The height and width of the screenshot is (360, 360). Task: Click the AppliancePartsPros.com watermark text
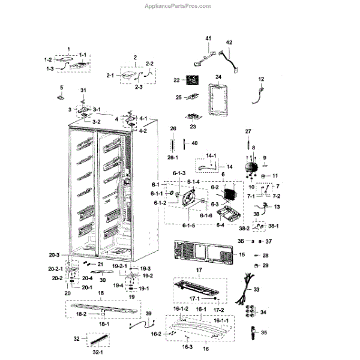click(x=178, y=6)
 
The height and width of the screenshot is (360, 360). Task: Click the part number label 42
click(x=229, y=43)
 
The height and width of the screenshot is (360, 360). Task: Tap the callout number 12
click(x=261, y=79)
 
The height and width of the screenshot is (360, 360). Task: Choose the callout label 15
click(x=259, y=255)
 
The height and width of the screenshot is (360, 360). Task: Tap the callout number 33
click(x=257, y=289)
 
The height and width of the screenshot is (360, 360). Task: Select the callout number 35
click(x=264, y=332)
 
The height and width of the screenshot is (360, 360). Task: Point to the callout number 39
click(x=148, y=314)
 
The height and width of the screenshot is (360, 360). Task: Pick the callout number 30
click(x=103, y=280)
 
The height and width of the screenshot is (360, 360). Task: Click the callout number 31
click(x=83, y=90)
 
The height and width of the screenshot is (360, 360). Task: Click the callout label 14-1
click(x=193, y=155)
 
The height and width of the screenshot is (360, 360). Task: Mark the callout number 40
click(x=194, y=143)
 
